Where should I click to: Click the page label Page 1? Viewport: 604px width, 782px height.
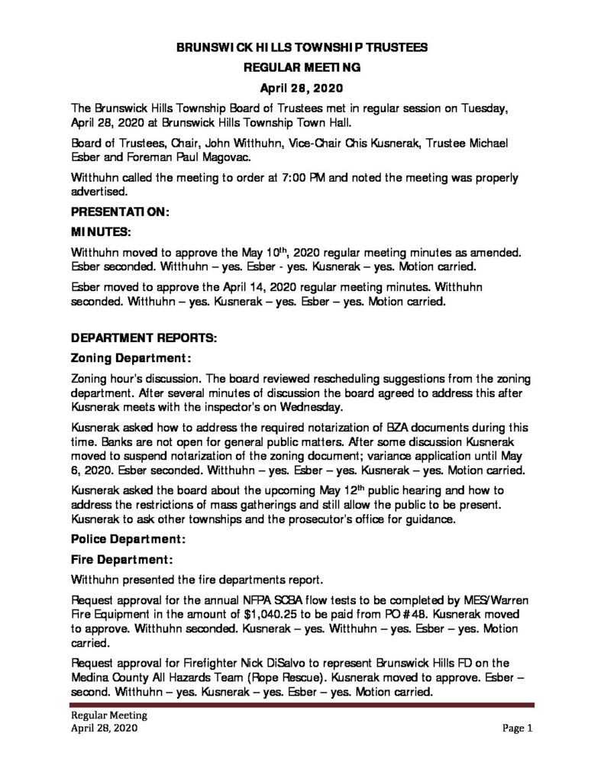(x=517, y=729)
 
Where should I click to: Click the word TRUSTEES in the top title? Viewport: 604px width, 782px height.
(x=392, y=47)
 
